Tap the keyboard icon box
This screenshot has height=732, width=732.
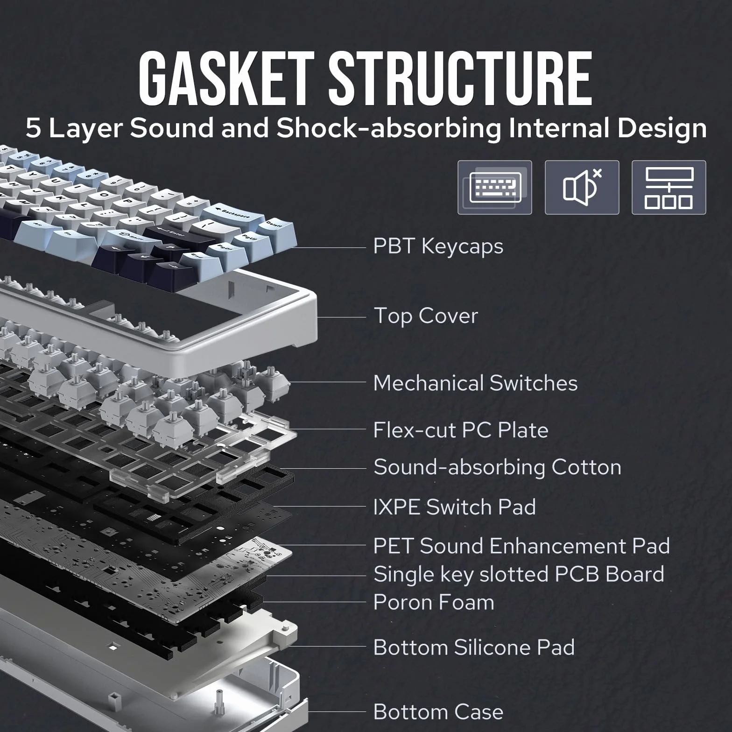pos(495,188)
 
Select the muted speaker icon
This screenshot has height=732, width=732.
pos(582,188)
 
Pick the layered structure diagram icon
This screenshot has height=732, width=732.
pos(669,188)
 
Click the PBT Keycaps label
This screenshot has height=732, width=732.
pos(438,246)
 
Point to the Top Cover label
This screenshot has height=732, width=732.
pos(426,316)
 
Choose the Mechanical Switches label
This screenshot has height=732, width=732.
pos(476,383)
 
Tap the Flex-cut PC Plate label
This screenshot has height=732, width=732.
pos(461,430)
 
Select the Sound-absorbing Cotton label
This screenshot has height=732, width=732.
pos(498,468)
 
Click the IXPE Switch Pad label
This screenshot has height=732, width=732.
pos(455,507)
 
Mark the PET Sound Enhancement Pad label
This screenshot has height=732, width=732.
pos(522,546)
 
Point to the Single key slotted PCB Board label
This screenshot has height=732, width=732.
pos(519,575)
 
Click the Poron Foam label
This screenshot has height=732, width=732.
pos(434,603)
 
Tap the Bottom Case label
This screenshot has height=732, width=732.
pos(439,712)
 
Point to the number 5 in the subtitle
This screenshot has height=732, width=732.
pos(34,128)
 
